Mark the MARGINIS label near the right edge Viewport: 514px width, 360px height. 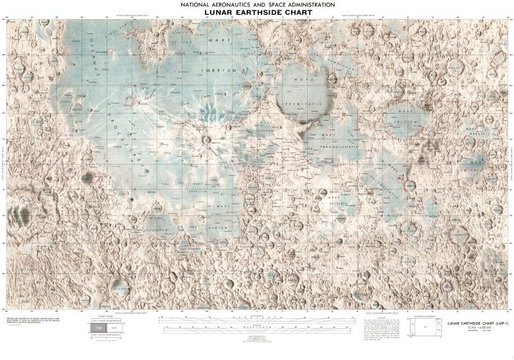(x=481, y=133)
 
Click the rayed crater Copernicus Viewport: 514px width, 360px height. (x=206, y=139)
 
